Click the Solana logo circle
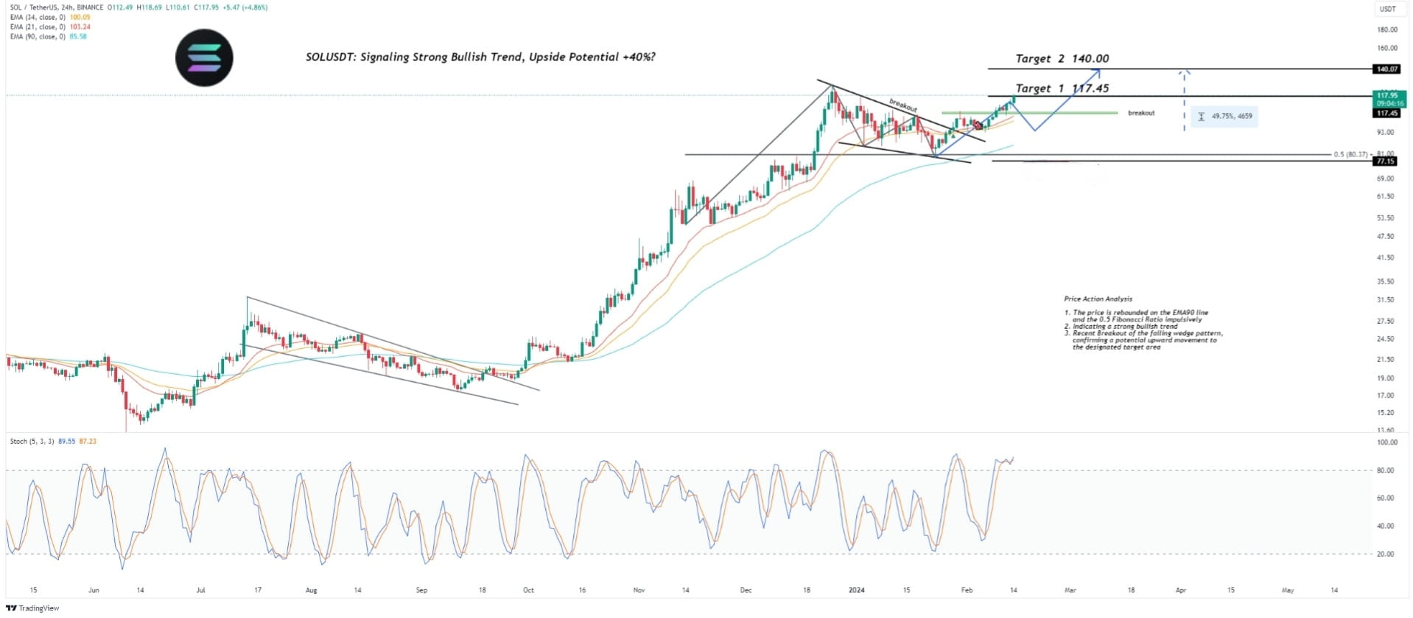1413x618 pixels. point(204,58)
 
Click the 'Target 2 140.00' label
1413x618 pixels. point(1062,58)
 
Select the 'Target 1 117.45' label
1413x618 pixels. point(1062,88)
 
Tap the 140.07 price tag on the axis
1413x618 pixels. point(1386,69)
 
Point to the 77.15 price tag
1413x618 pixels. point(1386,161)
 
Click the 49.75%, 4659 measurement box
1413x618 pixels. point(1224,117)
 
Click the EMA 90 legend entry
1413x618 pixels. point(49,37)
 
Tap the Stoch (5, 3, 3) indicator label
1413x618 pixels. point(32,441)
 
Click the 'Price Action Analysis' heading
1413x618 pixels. point(1098,299)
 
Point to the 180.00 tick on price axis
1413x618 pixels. point(1387,29)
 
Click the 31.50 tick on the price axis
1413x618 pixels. point(1385,299)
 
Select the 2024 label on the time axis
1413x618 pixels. point(856,590)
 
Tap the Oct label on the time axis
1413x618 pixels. point(528,590)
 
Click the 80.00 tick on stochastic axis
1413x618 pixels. point(1386,471)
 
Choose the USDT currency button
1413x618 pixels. point(1387,9)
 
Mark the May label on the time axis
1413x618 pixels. point(1288,590)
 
